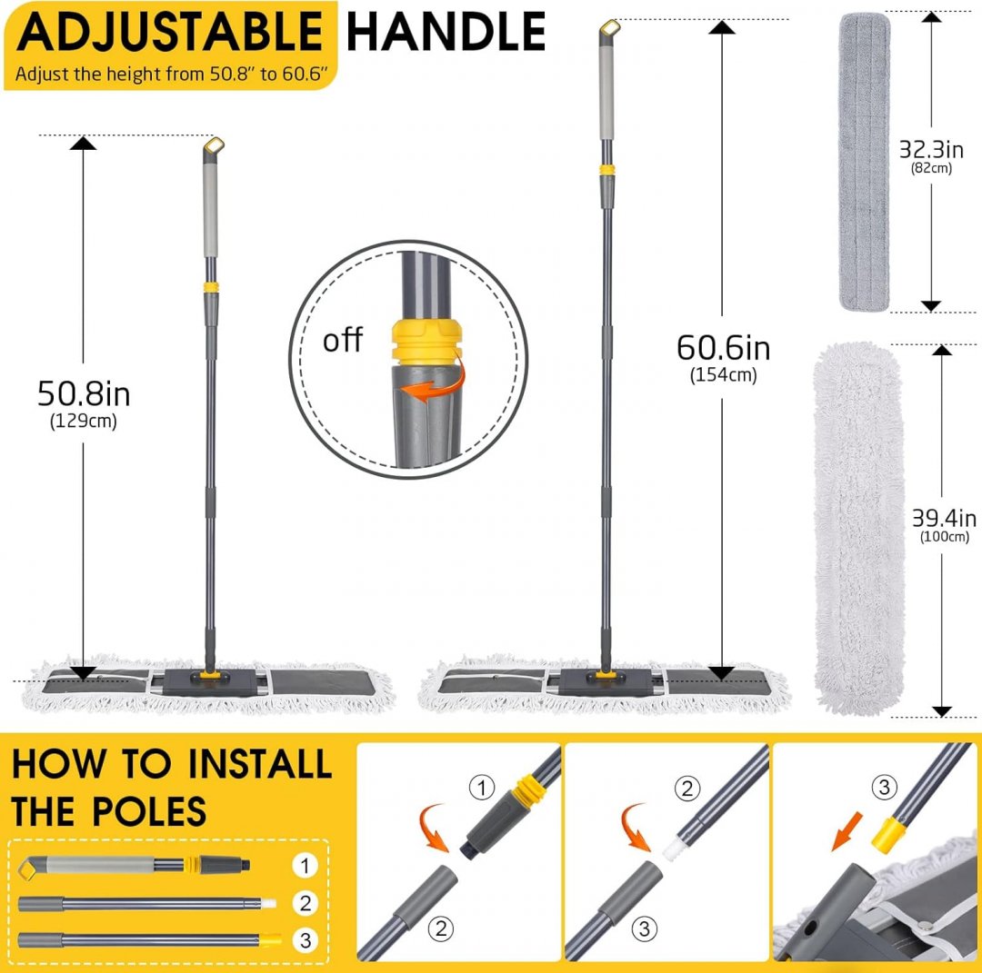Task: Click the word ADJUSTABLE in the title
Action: pos(170,31)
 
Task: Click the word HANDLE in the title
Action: pos(446,31)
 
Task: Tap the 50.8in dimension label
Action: pos(84,394)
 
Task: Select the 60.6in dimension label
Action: pos(724,348)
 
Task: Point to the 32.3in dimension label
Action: pos(931,150)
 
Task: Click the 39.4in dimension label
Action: pos(944,518)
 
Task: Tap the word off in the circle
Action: pos(343,341)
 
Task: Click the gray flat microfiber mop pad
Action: pos(865,162)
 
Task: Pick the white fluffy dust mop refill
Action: pos(858,529)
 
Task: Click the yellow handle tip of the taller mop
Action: pos(609,29)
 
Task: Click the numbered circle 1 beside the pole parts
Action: pos(305,866)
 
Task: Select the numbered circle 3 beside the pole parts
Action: pos(305,939)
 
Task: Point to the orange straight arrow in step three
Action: pos(847,831)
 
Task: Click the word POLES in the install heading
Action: pos(149,811)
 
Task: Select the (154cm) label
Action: pos(724,375)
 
